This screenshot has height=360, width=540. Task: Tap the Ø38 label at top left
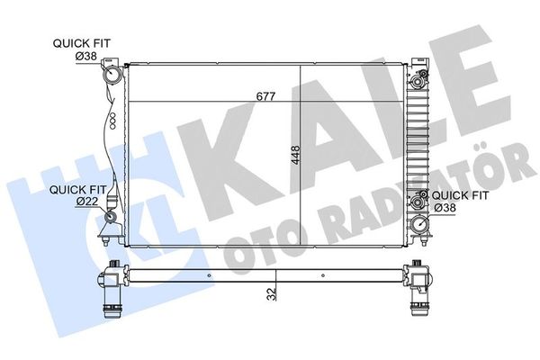click(86, 56)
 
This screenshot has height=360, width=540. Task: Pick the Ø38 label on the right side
click(445, 208)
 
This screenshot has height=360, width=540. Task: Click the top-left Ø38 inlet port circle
click(112, 76)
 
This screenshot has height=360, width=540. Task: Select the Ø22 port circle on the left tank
click(111, 217)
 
